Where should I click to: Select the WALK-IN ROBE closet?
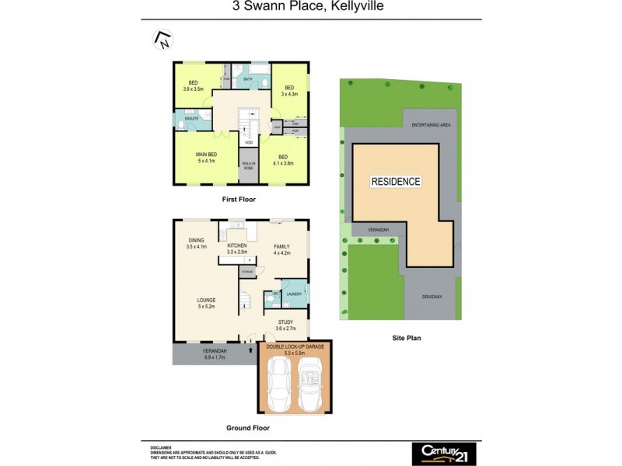coord(249,165)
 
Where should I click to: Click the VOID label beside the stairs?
coord(248,143)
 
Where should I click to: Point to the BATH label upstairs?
coord(248,79)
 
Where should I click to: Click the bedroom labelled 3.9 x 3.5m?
coord(192,89)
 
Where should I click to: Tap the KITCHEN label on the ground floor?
coord(236,246)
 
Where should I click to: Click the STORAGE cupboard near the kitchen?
coord(247,272)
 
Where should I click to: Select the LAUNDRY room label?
coord(294,294)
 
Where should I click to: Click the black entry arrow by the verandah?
coord(250,351)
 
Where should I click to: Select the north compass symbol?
coord(162,39)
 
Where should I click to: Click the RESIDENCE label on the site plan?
coord(396,182)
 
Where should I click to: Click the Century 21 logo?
coord(445,453)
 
